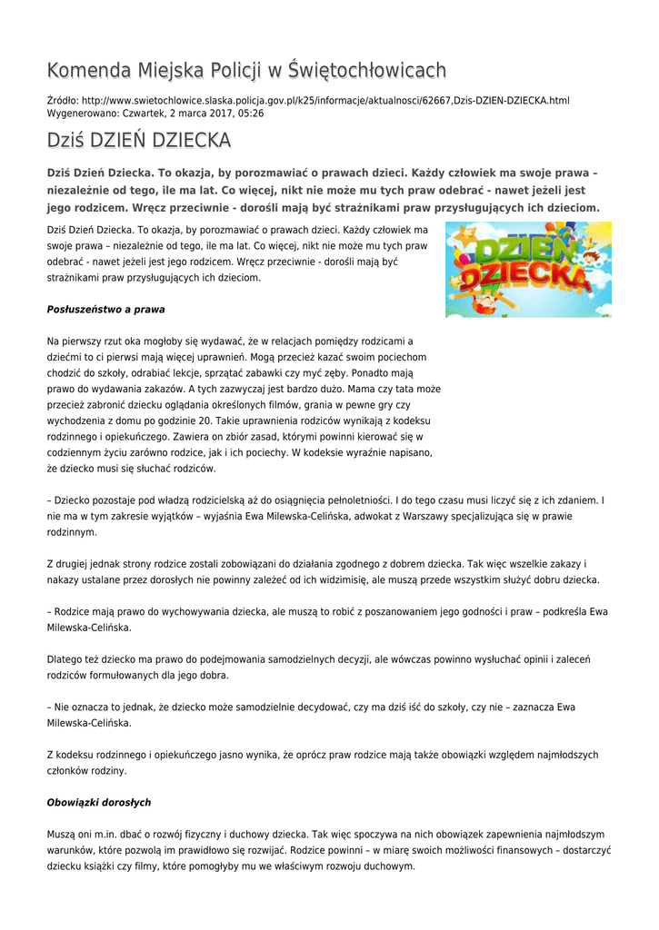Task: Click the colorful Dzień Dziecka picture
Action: (x=528, y=270)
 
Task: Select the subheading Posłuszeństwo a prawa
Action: (x=105, y=309)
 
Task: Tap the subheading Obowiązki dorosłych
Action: (x=99, y=803)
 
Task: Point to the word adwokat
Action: (x=356, y=516)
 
